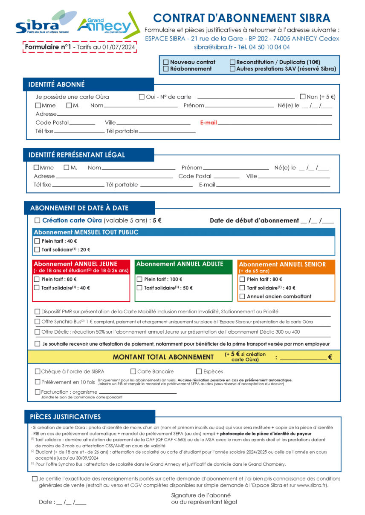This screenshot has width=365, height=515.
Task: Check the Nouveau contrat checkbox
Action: [x=166, y=62]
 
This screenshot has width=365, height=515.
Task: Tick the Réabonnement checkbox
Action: [x=166, y=69]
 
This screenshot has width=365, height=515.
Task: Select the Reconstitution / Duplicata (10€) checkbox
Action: [x=232, y=62]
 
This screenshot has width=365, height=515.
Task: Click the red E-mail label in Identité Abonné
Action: [x=209, y=123]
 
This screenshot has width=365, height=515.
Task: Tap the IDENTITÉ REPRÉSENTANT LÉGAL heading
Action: [x=77, y=155]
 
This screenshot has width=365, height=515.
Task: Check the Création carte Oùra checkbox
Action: [x=38, y=220]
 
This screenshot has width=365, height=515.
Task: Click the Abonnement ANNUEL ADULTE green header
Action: [x=183, y=264]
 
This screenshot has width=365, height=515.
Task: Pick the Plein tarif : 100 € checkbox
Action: [x=139, y=280]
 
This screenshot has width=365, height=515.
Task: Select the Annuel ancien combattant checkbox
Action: [x=242, y=297]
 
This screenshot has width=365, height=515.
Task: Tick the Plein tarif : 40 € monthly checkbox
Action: [x=37, y=241]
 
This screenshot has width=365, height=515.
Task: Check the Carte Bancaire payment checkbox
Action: [x=133, y=372]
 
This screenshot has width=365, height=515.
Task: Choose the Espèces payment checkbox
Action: [x=199, y=372]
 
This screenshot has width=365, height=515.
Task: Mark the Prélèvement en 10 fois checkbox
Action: [x=38, y=382]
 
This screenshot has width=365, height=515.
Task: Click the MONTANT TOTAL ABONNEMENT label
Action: [x=163, y=357]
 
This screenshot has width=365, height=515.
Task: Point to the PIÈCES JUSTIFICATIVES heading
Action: [x=65, y=417]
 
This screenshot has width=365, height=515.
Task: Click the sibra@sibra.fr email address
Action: [x=213, y=47]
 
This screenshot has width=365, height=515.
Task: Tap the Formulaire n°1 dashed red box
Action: [x=80, y=47]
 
